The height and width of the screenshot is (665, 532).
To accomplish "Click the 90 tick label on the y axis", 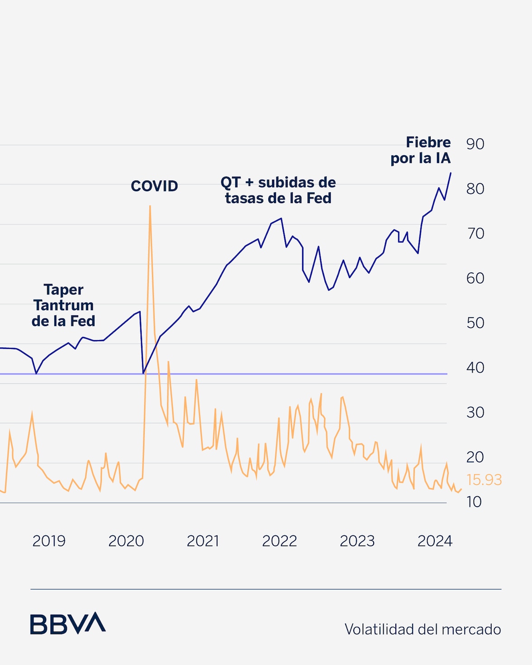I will [x=475, y=144].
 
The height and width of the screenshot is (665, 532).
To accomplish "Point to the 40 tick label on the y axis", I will [x=475, y=367].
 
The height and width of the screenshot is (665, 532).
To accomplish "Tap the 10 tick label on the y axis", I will [x=474, y=502].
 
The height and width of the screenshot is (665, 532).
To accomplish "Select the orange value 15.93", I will [x=484, y=480].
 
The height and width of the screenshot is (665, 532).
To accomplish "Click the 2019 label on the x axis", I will [x=49, y=541].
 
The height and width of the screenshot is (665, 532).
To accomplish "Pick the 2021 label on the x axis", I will [x=203, y=541].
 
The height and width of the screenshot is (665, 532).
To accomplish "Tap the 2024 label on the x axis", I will [x=435, y=541].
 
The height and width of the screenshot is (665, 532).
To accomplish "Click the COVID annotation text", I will [x=154, y=186].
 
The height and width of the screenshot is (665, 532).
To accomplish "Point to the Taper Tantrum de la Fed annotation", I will [x=63, y=305].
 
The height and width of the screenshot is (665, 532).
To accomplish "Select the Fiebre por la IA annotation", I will [x=421, y=150].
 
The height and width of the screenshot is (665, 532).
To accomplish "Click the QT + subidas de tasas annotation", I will [x=278, y=190].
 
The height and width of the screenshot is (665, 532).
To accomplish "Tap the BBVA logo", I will [x=68, y=623].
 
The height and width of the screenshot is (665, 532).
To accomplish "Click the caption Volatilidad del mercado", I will [x=423, y=629].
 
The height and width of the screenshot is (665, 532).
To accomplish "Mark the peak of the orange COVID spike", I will [x=150, y=206].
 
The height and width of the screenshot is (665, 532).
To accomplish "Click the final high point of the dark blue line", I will [x=450, y=173].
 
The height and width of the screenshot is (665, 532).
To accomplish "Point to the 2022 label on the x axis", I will [x=280, y=541].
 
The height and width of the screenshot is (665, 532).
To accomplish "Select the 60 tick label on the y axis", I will [x=475, y=278].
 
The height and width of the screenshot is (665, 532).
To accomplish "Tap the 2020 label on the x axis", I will [x=126, y=541].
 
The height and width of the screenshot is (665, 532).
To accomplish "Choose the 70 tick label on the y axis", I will [x=475, y=233].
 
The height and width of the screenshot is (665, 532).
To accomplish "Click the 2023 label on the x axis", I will [x=357, y=541].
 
